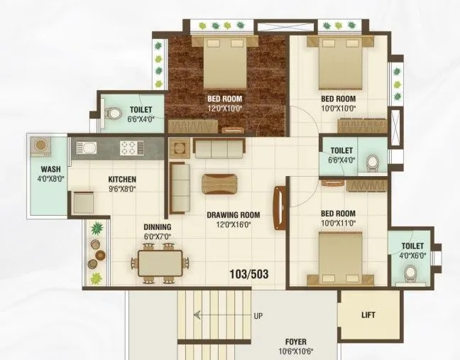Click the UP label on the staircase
258,316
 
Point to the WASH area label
50,170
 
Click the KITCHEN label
122,180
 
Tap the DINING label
157,227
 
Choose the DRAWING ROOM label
234,215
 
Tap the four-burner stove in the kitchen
129,148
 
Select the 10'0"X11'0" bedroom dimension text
338,224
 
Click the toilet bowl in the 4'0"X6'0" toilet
409,273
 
